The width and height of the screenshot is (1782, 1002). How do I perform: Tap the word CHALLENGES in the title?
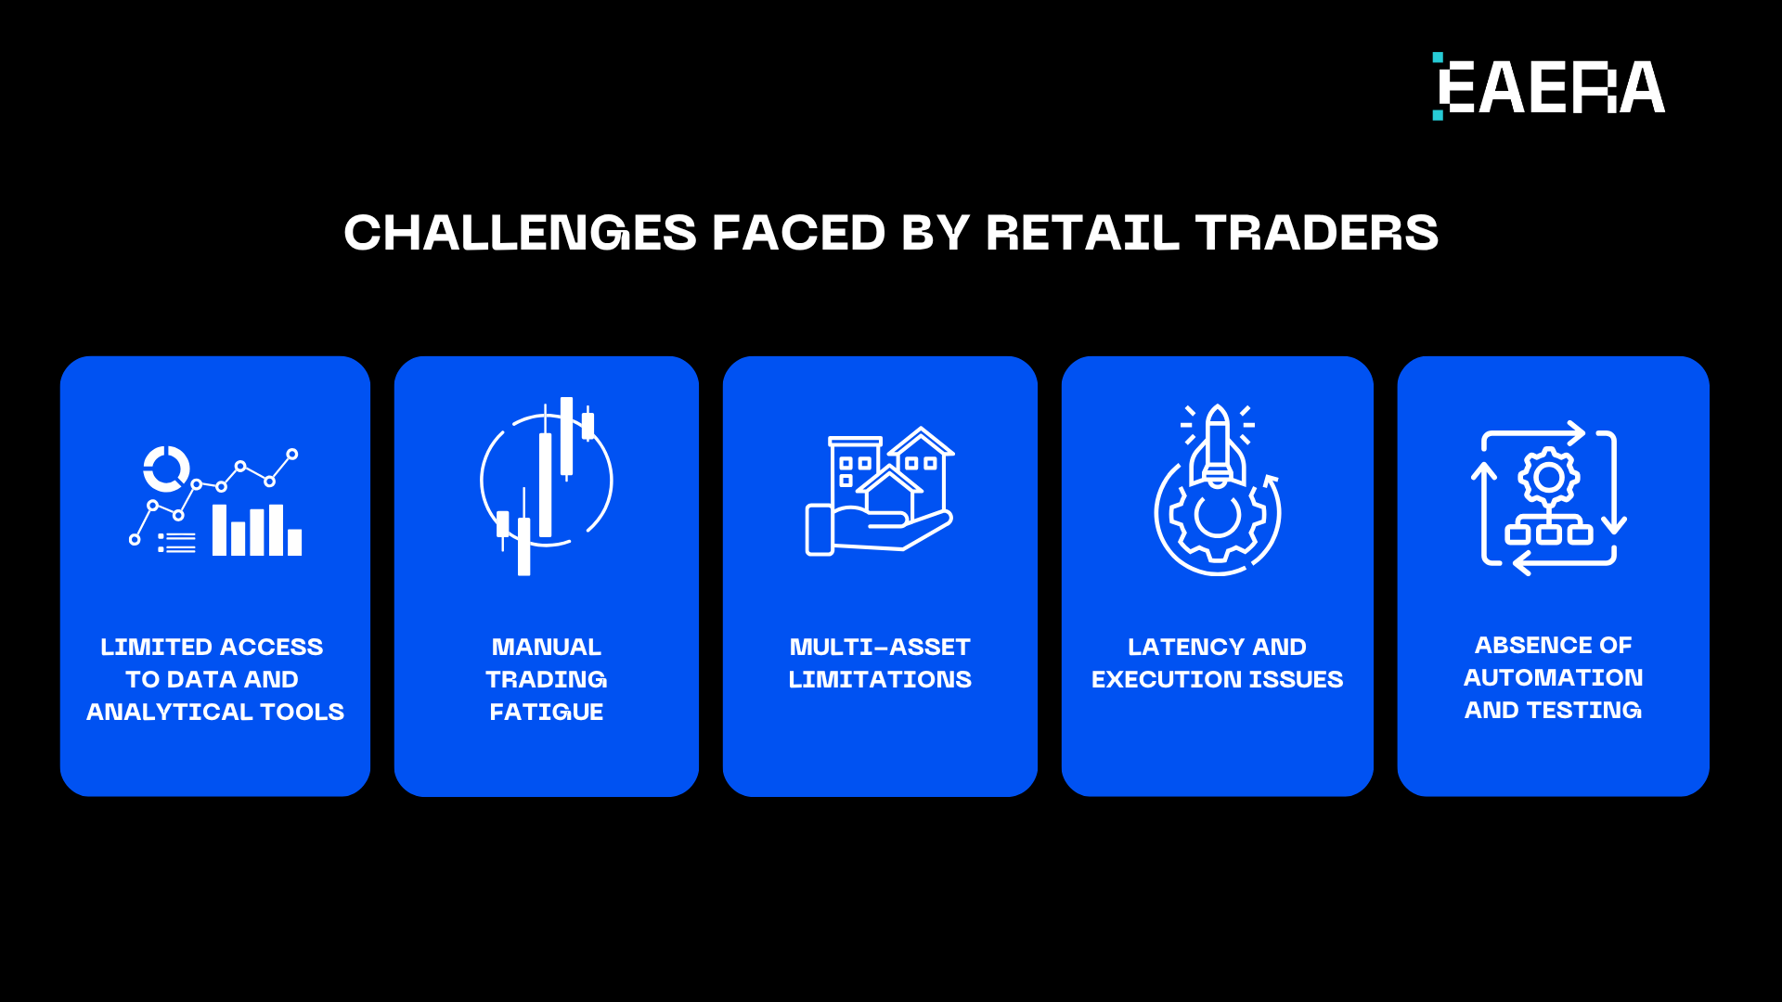coord(520,233)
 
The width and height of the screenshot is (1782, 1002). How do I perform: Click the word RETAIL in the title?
coord(1082,233)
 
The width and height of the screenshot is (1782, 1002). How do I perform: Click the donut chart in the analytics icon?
coord(166,469)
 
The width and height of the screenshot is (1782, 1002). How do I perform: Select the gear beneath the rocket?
coord(1217,518)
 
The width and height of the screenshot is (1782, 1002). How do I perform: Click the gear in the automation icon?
coord(1548,478)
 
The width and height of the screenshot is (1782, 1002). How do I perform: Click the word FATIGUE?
coord(547,712)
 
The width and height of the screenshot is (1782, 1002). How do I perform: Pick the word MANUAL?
coord(547,647)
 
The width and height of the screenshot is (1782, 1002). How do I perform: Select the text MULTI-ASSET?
coord(880,647)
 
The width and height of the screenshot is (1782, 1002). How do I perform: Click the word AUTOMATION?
coord(1553,677)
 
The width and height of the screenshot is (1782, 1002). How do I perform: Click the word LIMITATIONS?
coord(880,679)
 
